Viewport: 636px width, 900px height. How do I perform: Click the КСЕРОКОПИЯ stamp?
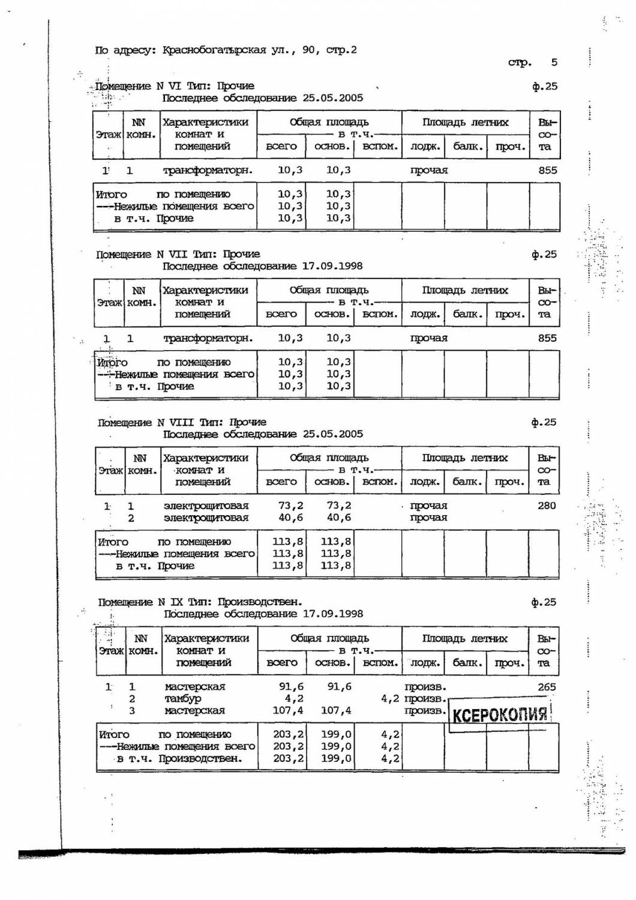click(x=499, y=714)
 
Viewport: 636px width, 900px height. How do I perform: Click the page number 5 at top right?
click(x=554, y=62)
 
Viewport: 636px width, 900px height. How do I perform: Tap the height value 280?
click(x=547, y=506)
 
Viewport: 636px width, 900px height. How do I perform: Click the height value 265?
click(x=547, y=686)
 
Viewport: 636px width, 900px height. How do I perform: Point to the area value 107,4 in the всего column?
click(x=290, y=710)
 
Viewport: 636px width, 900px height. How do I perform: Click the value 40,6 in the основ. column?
click(x=339, y=518)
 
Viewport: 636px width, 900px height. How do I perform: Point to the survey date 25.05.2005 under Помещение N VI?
click(x=332, y=98)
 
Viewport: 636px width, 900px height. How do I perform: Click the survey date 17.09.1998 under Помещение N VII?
click(x=332, y=266)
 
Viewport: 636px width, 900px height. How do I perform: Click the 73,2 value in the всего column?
click(x=291, y=506)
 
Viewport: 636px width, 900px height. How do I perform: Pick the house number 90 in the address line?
click(x=309, y=50)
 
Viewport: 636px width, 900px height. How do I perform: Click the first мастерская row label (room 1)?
click(x=194, y=686)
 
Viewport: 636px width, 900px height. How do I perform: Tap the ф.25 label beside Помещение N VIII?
click(x=544, y=422)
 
